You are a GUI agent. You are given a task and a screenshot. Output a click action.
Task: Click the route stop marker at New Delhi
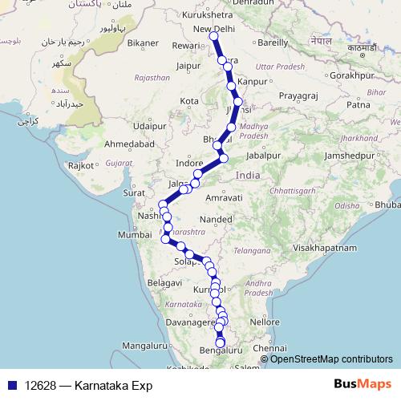pyautogui.click(x=213, y=36)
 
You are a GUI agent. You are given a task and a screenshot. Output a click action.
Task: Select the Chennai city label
pyautogui.click(x=269, y=349)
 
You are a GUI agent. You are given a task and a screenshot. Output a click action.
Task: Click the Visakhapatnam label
pyautogui.click(x=324, y=248)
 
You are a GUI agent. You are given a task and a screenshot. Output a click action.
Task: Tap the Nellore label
pyautogui.click(x=263, y=322)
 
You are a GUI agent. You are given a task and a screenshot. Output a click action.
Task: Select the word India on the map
pyautogui.click(x=249, y=175)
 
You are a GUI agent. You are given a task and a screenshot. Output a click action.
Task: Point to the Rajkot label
pyautogui.click(x=83, y=164)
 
